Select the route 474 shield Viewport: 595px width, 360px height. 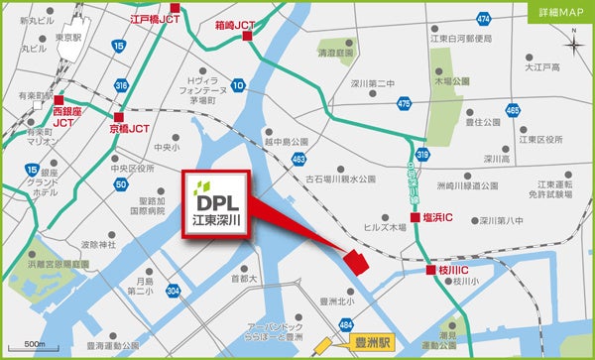point(483,18)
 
